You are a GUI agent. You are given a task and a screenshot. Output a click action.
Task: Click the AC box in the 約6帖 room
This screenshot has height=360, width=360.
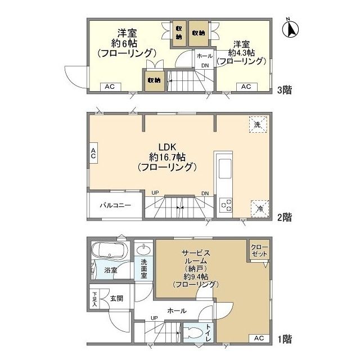coord(110,87)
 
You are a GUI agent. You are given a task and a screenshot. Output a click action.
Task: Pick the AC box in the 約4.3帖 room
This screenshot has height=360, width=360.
coord(246,87)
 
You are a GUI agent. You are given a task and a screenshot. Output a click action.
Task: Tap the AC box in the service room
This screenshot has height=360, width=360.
coord(258,338)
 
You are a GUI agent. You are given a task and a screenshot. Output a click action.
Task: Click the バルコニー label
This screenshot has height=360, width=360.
coord(116,205)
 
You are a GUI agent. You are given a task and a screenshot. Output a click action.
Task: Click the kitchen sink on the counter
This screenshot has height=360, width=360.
coord(223,167)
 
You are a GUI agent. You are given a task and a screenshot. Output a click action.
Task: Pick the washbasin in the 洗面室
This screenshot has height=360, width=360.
coord(144,249)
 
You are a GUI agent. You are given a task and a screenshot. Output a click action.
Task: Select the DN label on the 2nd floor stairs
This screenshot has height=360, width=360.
coord(205,194)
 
